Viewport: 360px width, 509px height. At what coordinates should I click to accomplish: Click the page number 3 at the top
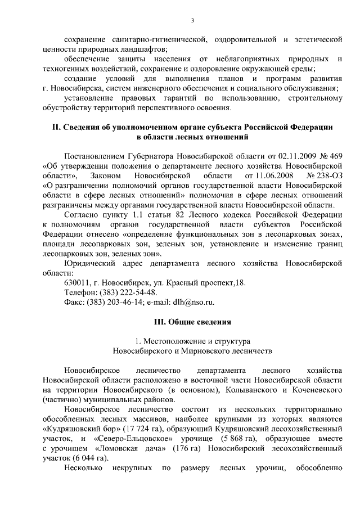tap(192, 21)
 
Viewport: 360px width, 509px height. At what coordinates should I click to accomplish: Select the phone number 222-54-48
tap(138, 292)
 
